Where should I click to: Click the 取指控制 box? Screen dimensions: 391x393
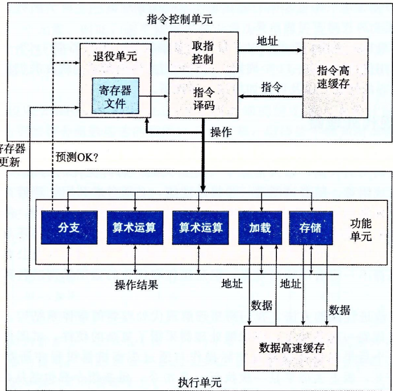203,51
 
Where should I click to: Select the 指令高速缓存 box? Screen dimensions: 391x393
335,77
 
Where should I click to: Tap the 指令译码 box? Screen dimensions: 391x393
203,99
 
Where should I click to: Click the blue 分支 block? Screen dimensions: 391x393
69,227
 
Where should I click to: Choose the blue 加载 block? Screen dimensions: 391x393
260,227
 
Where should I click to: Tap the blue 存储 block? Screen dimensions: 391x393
310,227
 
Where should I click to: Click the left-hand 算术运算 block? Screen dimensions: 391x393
134,227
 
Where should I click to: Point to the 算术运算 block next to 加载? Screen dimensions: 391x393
200,227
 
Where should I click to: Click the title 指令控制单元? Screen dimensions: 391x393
179,20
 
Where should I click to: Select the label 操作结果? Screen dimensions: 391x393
136,285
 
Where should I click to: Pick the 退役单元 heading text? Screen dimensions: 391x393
116,57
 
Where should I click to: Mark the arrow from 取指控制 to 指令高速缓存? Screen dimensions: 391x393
270,50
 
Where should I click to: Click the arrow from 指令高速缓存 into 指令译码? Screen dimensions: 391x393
270,97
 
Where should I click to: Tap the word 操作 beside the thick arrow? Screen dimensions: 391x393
221,132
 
